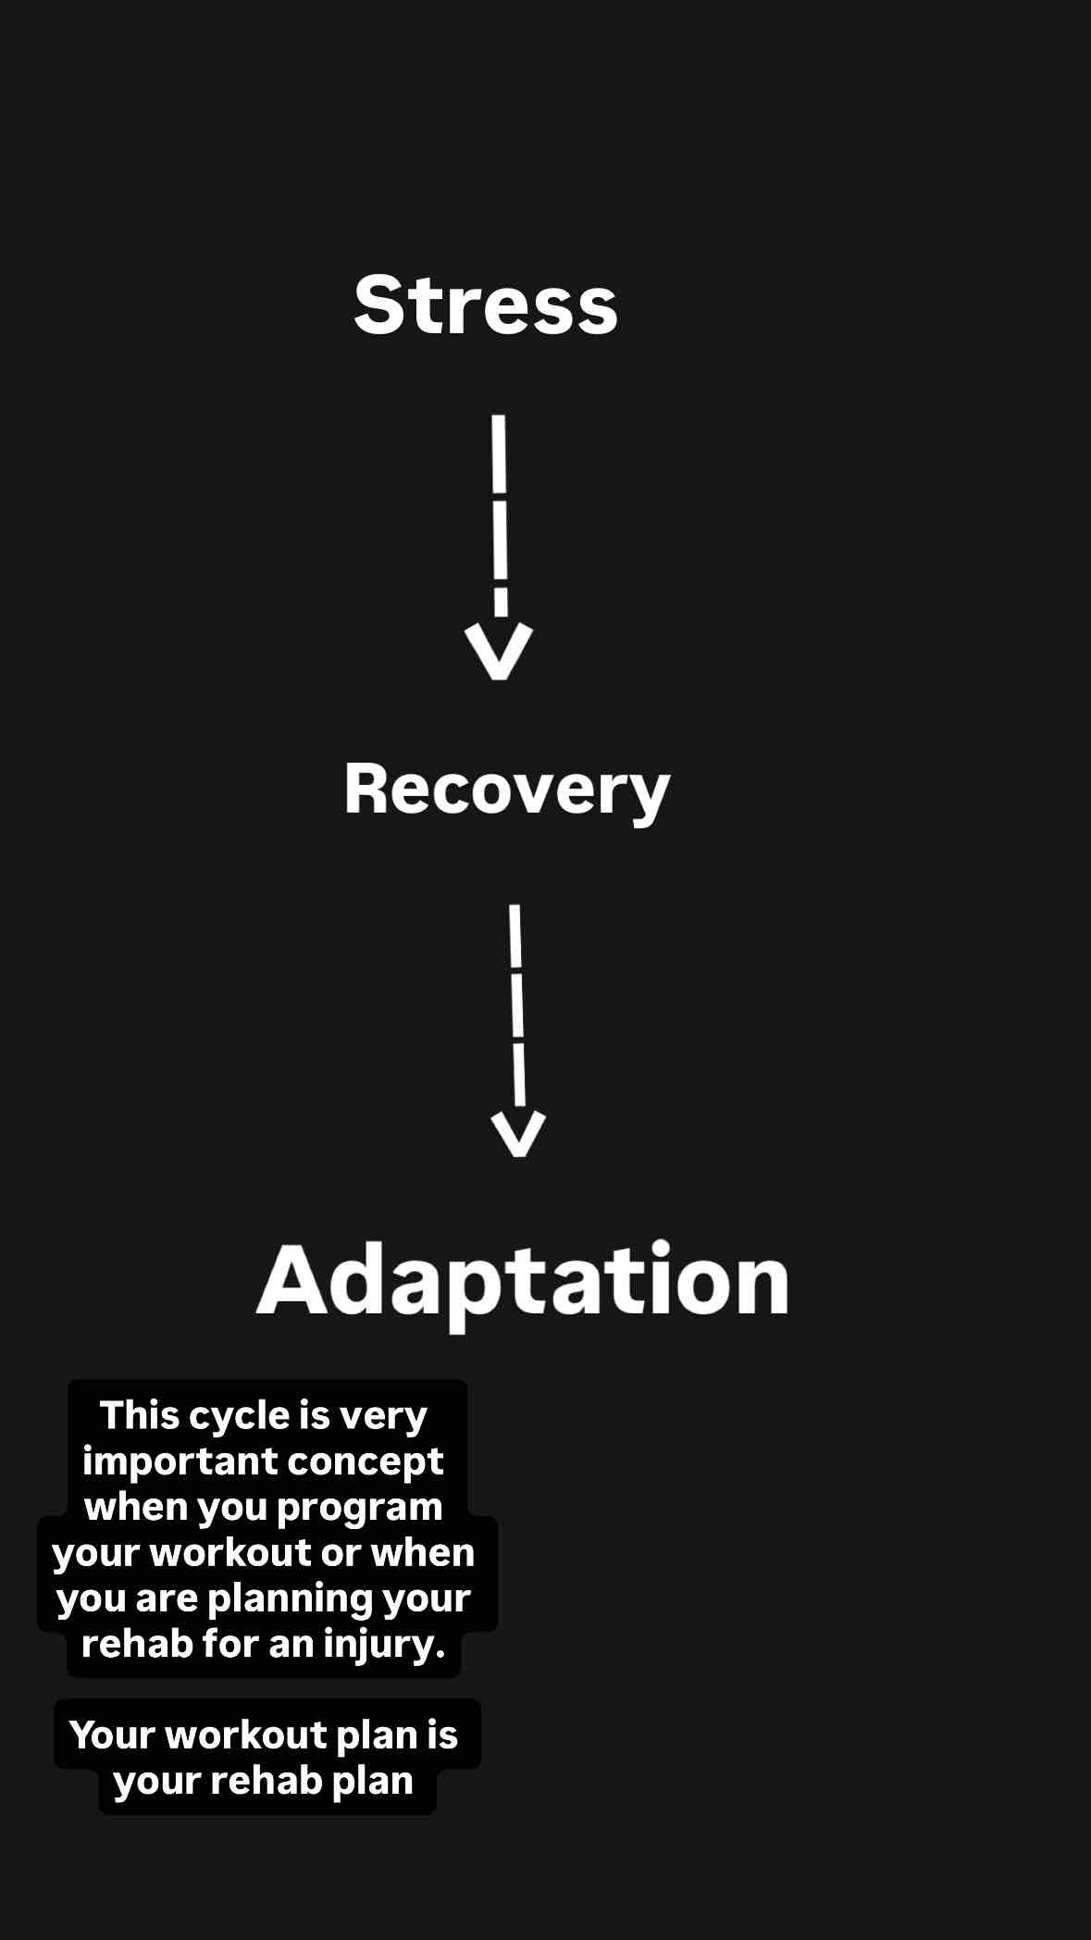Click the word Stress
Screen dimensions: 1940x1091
point(486,305)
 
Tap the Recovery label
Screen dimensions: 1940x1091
point(506,790)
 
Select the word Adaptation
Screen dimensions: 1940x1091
point(523,1280)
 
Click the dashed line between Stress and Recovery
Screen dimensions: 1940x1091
point(500,514)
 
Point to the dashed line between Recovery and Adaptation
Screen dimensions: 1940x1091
point(517,1004)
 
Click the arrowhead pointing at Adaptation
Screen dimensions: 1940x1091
point(518,1133)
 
